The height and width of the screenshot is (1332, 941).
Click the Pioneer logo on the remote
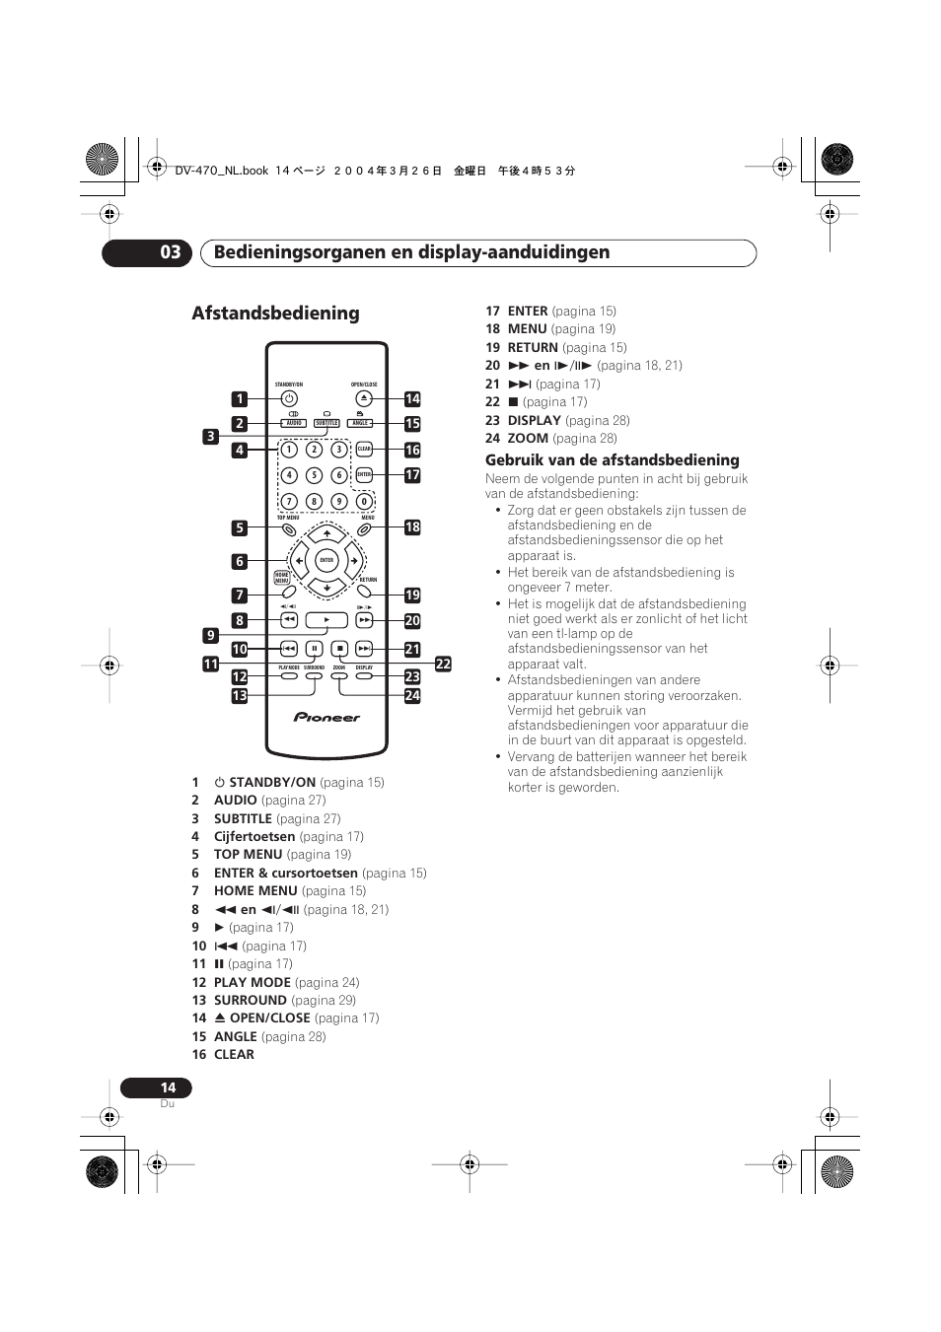(x=326, y=718)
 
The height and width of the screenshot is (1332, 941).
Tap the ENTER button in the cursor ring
(x=326, y=560)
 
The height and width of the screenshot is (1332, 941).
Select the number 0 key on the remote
(x=364, y=501)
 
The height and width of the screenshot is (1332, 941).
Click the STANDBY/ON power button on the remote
(x=289, y=399)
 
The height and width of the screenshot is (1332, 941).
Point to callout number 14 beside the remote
(x=412, y=399)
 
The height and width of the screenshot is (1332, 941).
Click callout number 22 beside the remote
(x=443, y=665)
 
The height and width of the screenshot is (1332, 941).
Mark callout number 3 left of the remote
(x=210, y=436)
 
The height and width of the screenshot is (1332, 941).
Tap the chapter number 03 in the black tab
(x=171, y=252)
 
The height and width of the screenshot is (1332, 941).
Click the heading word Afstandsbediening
(x=275, y=314)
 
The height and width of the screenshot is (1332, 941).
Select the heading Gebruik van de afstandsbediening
(x=612, y=460)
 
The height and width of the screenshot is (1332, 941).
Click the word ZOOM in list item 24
(x=528, y=439)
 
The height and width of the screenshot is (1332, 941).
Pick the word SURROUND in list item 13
(x=251, y=1000)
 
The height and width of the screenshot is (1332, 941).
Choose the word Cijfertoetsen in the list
(x=254, y=836)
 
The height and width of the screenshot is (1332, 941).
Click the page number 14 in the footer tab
(x=169, y=1087)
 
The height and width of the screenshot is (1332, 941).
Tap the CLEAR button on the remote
(x=364, y=450)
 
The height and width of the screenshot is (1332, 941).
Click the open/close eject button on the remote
(x=364, y=399)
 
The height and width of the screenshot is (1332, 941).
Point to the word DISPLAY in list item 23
(x=534, y=420)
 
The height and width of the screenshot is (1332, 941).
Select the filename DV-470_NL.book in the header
(x=221, y=171)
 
